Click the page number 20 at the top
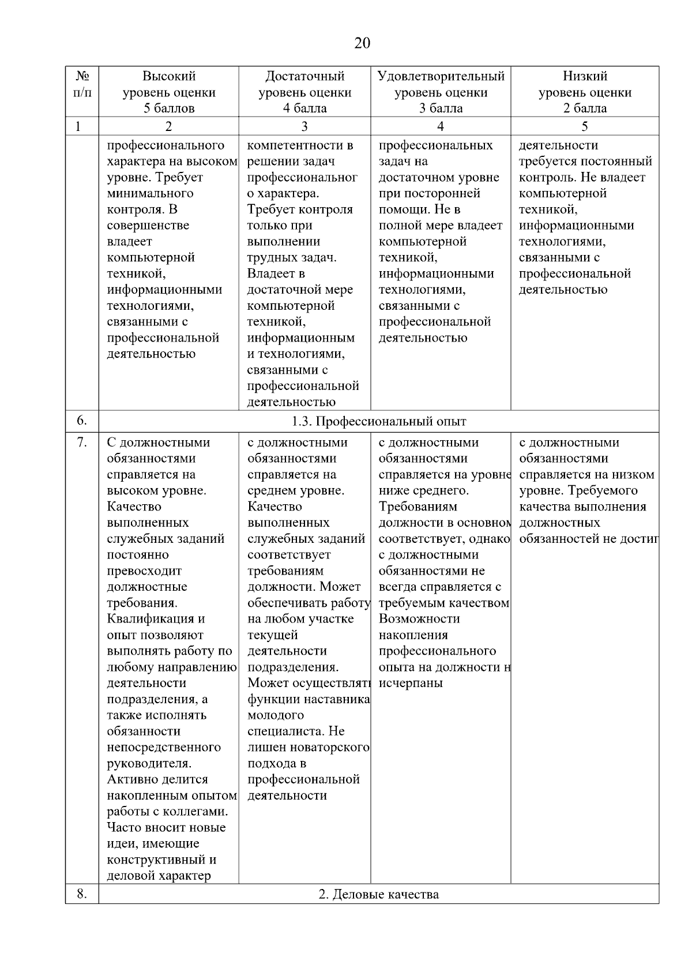[x=362, y=43]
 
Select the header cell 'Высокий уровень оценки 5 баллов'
[x=169, y=92]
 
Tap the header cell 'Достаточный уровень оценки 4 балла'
[x=305, y=92]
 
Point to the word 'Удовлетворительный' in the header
[x=441, y=76]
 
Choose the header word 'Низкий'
[x=585, y=76]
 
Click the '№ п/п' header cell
[x=82, y=84]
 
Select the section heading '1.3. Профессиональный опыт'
[x=379, y=422]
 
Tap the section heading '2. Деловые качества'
[x=379, y=894]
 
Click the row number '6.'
[x=82, y=421]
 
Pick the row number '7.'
[x=82, y=442]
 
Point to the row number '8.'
[x=82, y=894]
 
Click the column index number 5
[x=585, y=126]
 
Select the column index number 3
[x=304, y=126]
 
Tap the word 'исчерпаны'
[x=411, y=684]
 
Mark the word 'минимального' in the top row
[x=151, y=193]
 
